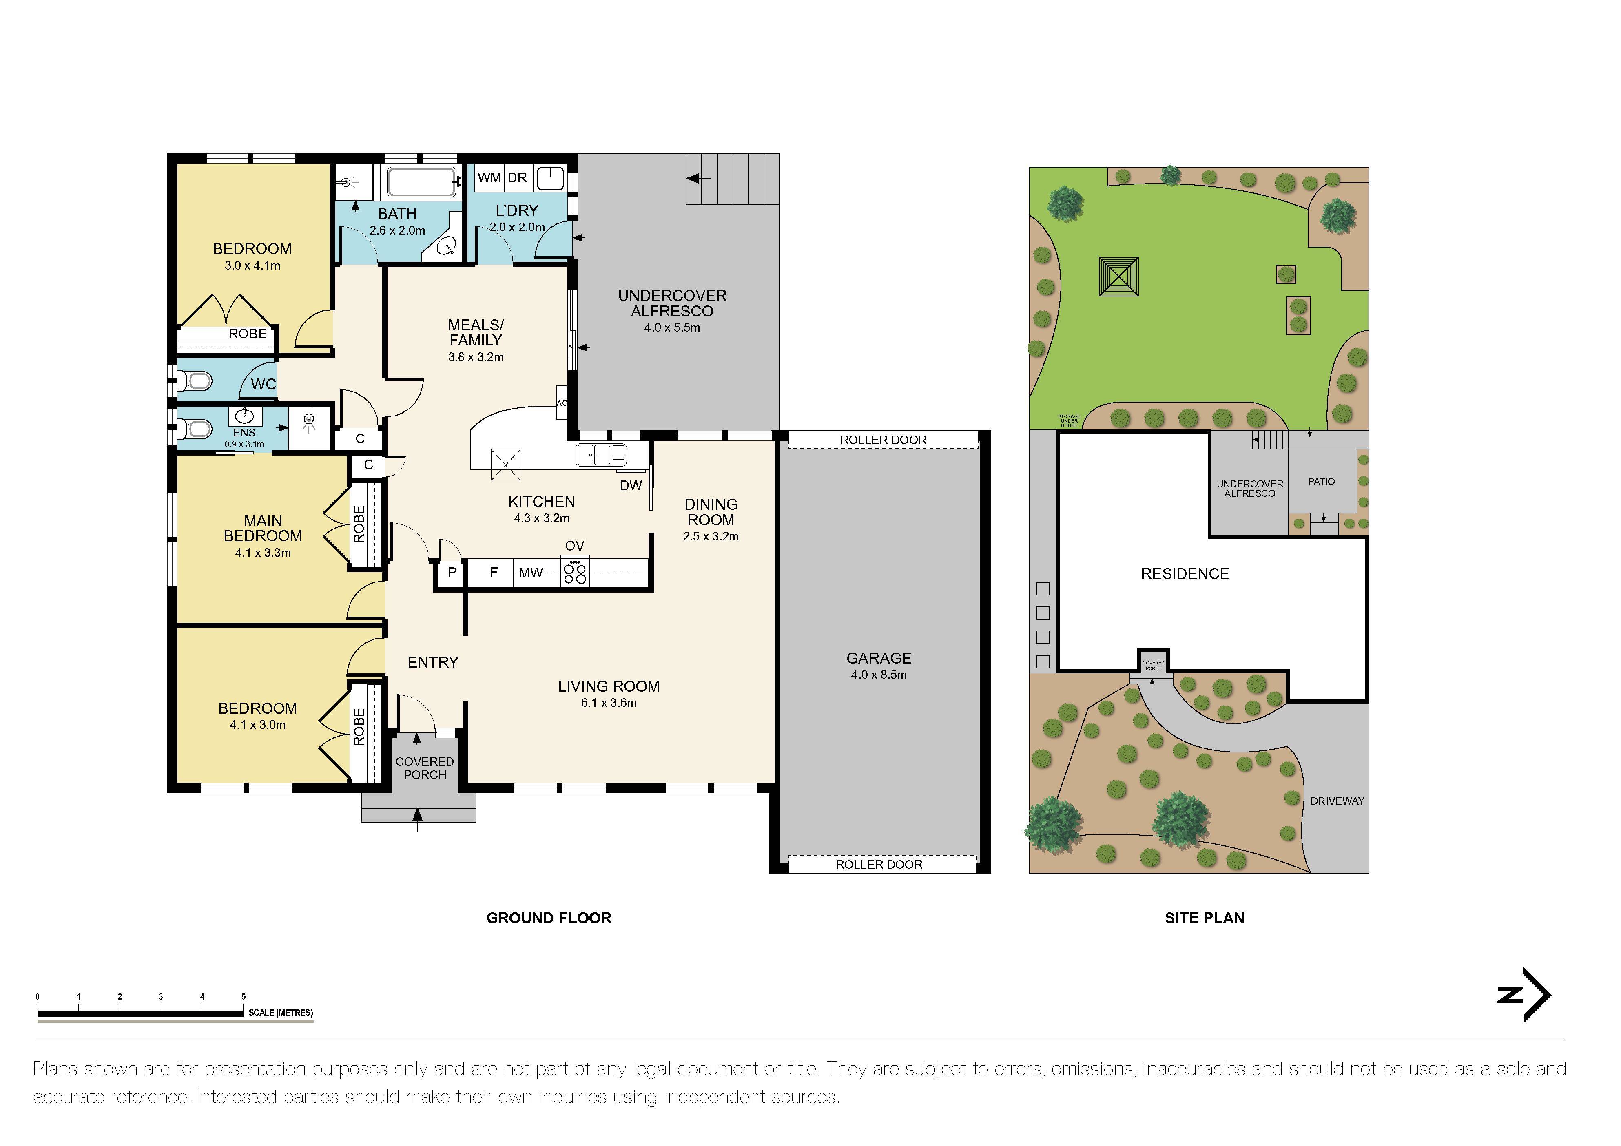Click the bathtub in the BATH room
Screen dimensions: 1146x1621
pyautogui.click(x=421, y=182)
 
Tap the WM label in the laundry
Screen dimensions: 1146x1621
pyautogui.click(x=489, y=177)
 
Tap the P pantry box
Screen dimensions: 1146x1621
pyautogui.click(x=452, y=572)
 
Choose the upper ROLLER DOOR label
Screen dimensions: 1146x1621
pyautogui.click(x=883, y=440)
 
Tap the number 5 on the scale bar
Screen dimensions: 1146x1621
pyautogui.click(x=244, y=996)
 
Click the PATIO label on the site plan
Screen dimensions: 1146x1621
pyautogui.click(x=1321, y=482)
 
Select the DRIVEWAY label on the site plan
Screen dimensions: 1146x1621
pyautogui.click(x=1336, y=801)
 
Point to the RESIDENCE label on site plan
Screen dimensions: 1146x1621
pyautogui.click(x=1185, y=574)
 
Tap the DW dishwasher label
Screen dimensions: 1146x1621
pyautogui.click(x=631, y=485)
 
